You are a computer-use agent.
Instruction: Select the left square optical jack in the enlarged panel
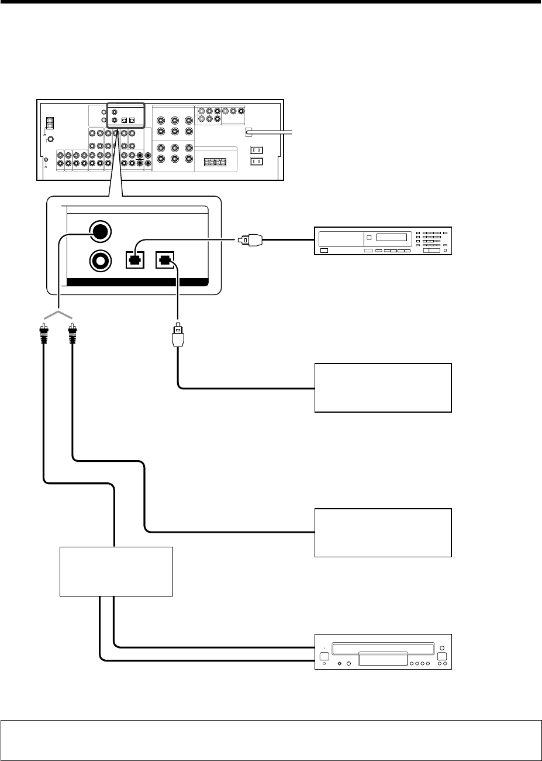click(x=134, y=260)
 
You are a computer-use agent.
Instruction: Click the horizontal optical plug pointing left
click(x=251, y=239)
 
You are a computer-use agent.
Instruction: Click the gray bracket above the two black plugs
click(x=57, y=316)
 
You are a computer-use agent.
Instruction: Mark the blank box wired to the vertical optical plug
click(x=383, y=388)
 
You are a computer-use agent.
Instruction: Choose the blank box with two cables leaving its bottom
click(x=116, y=571)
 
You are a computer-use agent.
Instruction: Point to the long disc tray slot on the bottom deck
click(x=382, y=649)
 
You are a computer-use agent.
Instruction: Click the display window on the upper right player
click(x=395, y=239)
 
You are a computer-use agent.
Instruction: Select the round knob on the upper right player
click(x=446, y=251)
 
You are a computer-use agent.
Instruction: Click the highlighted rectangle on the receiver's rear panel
click(x=125, y=115)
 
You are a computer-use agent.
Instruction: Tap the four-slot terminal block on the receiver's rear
click(x=216, y=162)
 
